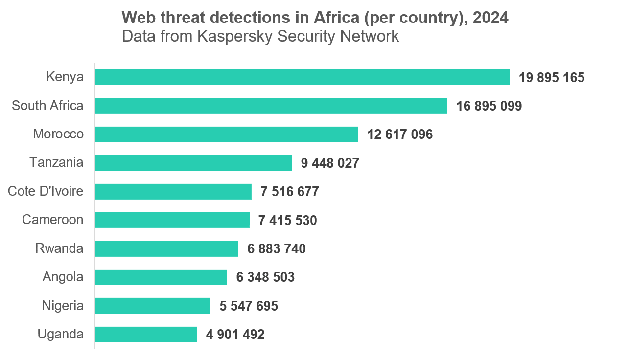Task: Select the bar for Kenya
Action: (x=303, y=77)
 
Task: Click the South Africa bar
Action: (x=271, y=106)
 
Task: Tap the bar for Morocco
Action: (x=227, y=135)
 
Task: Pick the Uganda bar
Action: (x=146, y=335)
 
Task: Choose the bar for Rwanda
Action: (x=167, y=249)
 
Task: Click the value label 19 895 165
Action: (x=552, y=78)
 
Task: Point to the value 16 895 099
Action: (x=489, y=106)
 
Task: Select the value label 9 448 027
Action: (x=330, y=163)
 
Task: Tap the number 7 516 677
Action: (x=289, y=192)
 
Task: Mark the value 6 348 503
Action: (x=265, y=278)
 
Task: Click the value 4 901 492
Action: (x=235, y=335)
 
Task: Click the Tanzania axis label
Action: (x=56, y=162)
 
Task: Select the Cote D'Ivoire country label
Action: (x=46, y=191)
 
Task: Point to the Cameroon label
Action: (x=52, y=220)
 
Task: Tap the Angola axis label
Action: (x=63, y=277)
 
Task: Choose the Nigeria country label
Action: (x=63, y=306)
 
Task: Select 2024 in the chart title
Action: (x=490, y=18)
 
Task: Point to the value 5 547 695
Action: (x=249, y=307)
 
